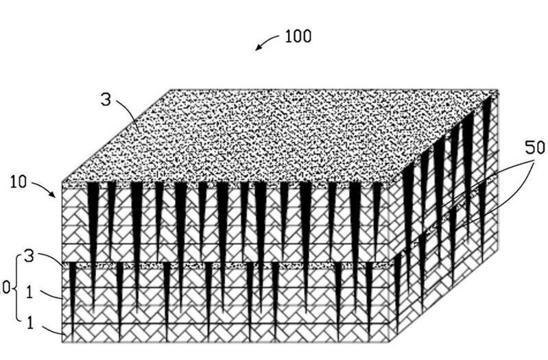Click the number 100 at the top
click(x=298, y=36)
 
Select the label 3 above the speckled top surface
click(x=106, y=99)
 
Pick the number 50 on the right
click(x=535, y=148)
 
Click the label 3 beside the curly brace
click(x=29, y=256)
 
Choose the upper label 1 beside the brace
click(x=30, y=291)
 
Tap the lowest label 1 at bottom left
click(x=30, y=323)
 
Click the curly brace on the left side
click(x=15, y=289)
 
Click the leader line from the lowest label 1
click(x=53, y=331)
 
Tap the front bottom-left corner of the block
click(x=62, y=341)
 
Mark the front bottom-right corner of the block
click(x=390, y=341)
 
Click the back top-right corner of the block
click(x=498, y=91)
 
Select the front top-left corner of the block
click(x=62, y=182)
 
